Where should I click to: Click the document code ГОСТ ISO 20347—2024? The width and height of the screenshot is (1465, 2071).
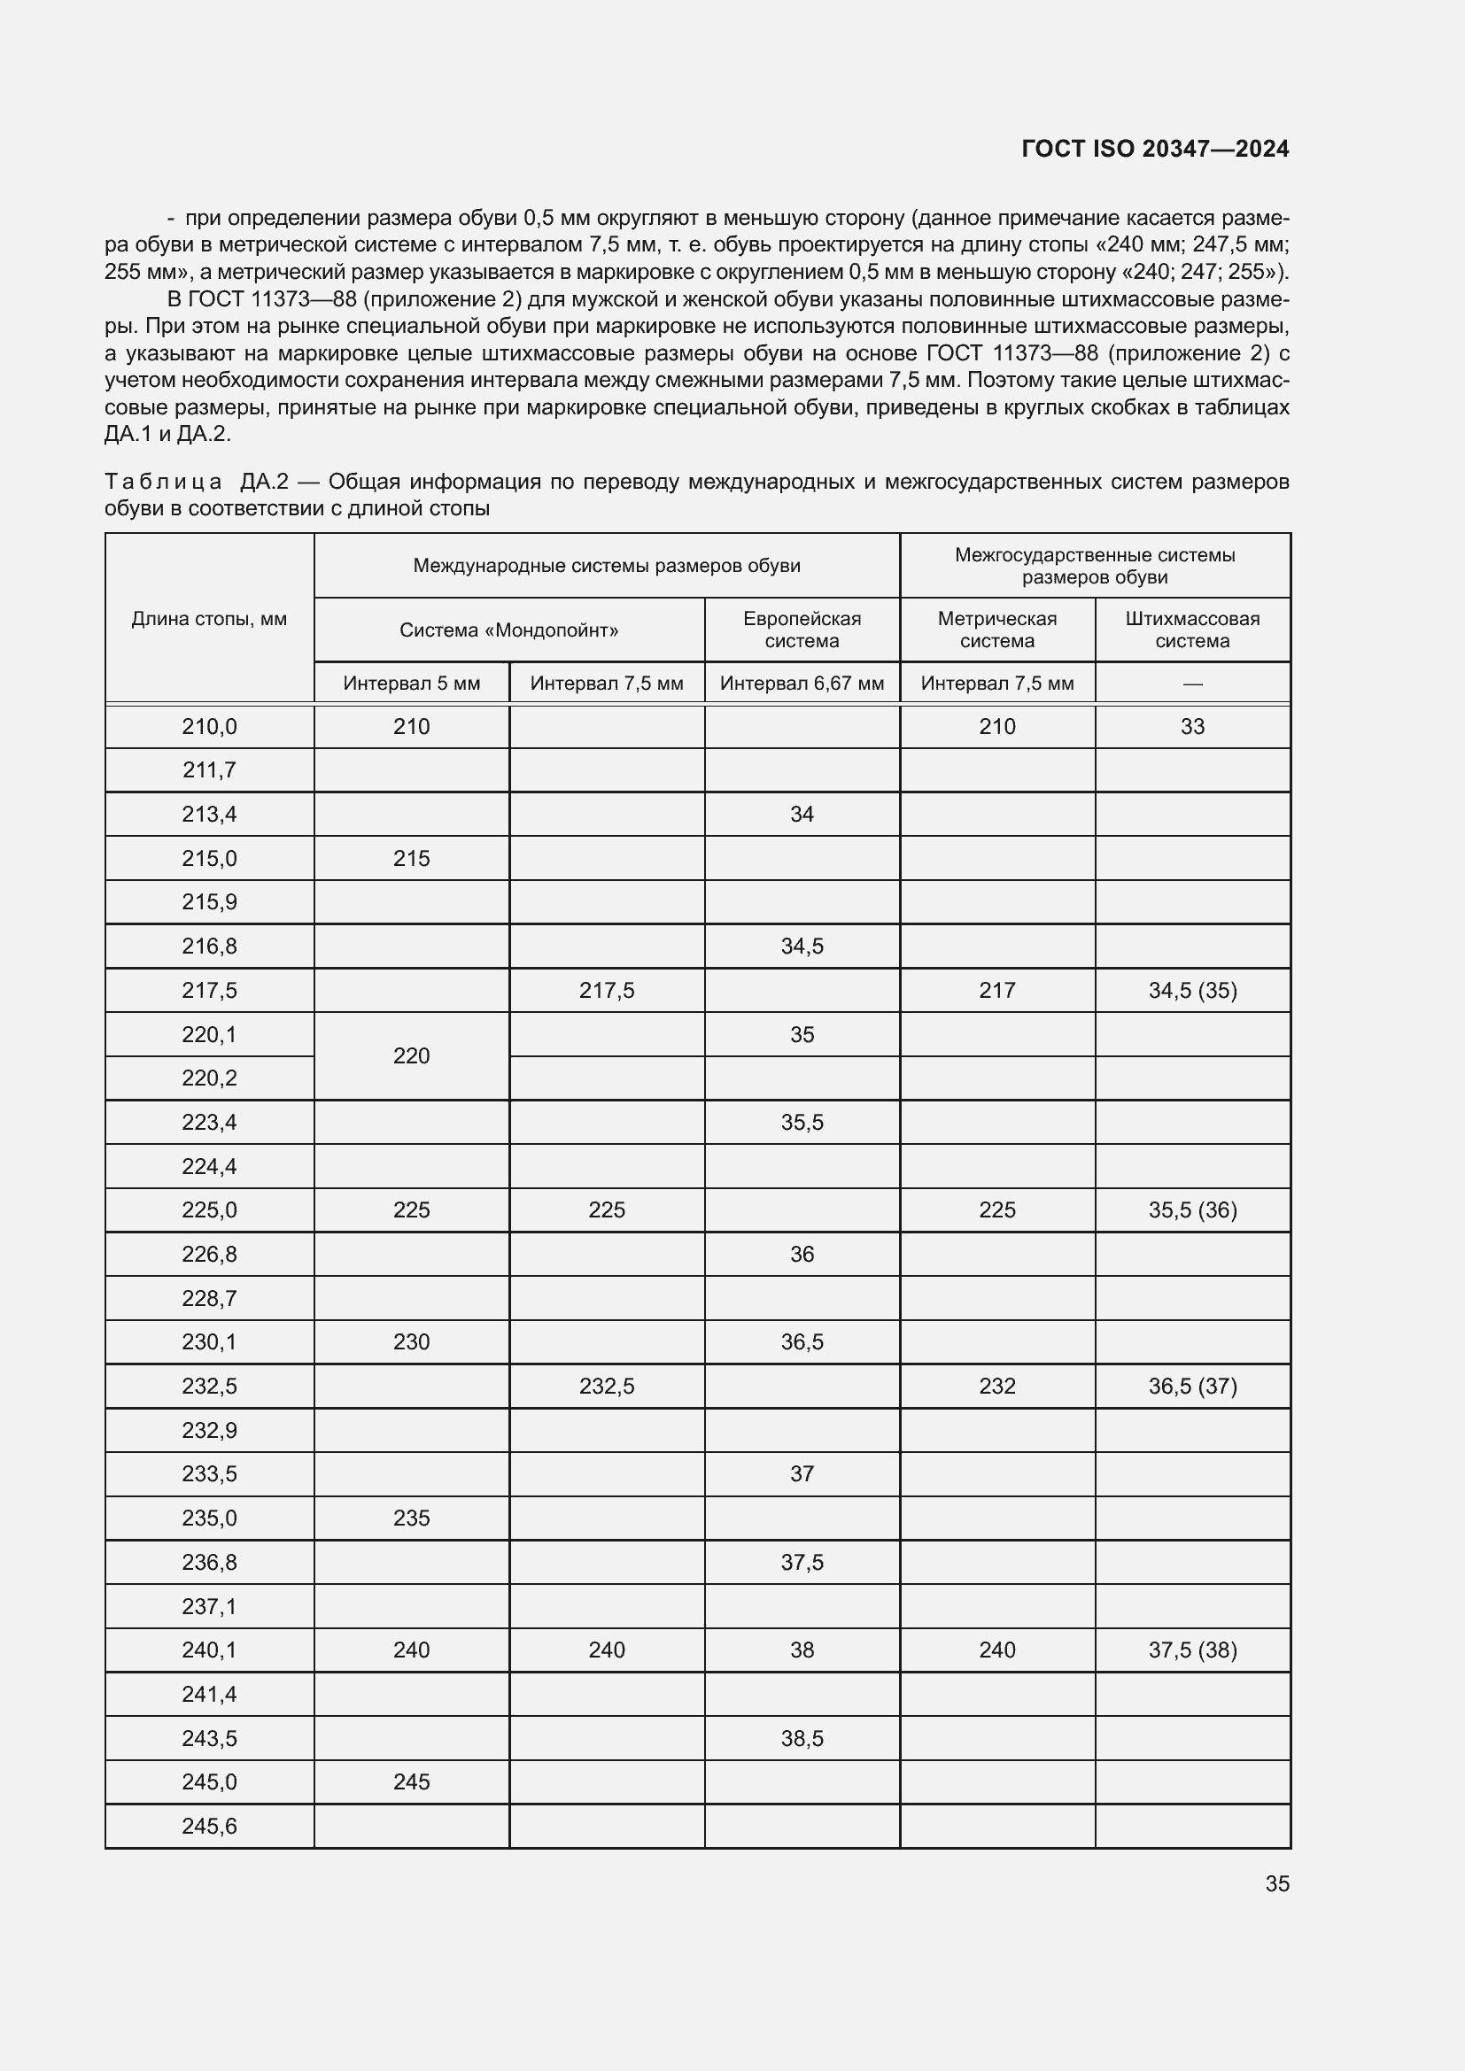coord(1155,149)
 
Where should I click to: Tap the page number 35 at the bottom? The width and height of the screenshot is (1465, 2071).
coord(1276,1883)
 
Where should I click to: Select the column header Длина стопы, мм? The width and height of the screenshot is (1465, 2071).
coord(209,619)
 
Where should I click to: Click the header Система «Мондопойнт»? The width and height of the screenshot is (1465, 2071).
coord(508,630)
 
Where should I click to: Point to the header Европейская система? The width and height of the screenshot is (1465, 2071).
coord(802,630)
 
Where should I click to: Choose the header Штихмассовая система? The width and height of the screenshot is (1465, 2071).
coord(1191,630)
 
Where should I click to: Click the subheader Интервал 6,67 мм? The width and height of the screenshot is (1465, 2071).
coord(802,683)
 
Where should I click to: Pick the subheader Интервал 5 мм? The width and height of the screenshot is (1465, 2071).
coord(411,683)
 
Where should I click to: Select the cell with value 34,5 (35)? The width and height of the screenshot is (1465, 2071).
coord(1191,991)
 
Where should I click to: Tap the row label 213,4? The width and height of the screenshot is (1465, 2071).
coord(209,815)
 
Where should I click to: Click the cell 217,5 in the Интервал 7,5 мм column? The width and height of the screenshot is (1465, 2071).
coord(606,991)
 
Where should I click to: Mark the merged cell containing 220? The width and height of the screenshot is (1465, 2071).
coord(411,1055)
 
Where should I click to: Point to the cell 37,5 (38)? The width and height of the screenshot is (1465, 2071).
coord(1191,1650)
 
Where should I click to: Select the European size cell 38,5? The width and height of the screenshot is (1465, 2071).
coord(802,1738)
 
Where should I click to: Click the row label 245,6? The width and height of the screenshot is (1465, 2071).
coord(209,1826)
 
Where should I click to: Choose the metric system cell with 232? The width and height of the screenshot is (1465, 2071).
coord(996,1386)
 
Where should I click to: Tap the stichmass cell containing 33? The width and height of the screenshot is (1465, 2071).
coord(1191,727)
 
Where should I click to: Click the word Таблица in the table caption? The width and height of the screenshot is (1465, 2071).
coord(162,482)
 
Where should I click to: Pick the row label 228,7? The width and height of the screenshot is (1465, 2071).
coord(209,1298)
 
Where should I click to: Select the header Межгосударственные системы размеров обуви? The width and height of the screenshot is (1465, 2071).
coord(1094,566)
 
